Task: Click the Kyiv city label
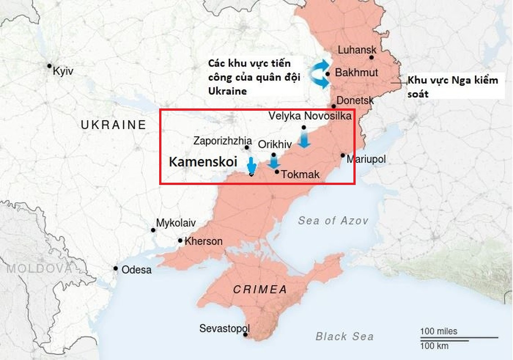[x=63, y=71]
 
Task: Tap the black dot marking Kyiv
[x=49, y=66]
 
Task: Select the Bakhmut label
[x=357, y=72]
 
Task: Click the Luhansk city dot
[x=372, y=58]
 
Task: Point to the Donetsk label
[x=355, y=100]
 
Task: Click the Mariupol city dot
[x=343, y=155]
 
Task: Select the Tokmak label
[x=300, y=174]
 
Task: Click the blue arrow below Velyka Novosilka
[x=304, y=140]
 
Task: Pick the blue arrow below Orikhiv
[x=274, y=162]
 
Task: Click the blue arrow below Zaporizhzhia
[x=251, y=165]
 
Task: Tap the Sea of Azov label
[x=333, y=220]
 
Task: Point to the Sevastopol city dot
[x=245, y=335]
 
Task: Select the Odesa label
[x=137, y=270]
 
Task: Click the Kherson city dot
[x=180, y=241]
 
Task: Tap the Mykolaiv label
[x=176, y=223]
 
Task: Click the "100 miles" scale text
[x=438, y=331]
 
